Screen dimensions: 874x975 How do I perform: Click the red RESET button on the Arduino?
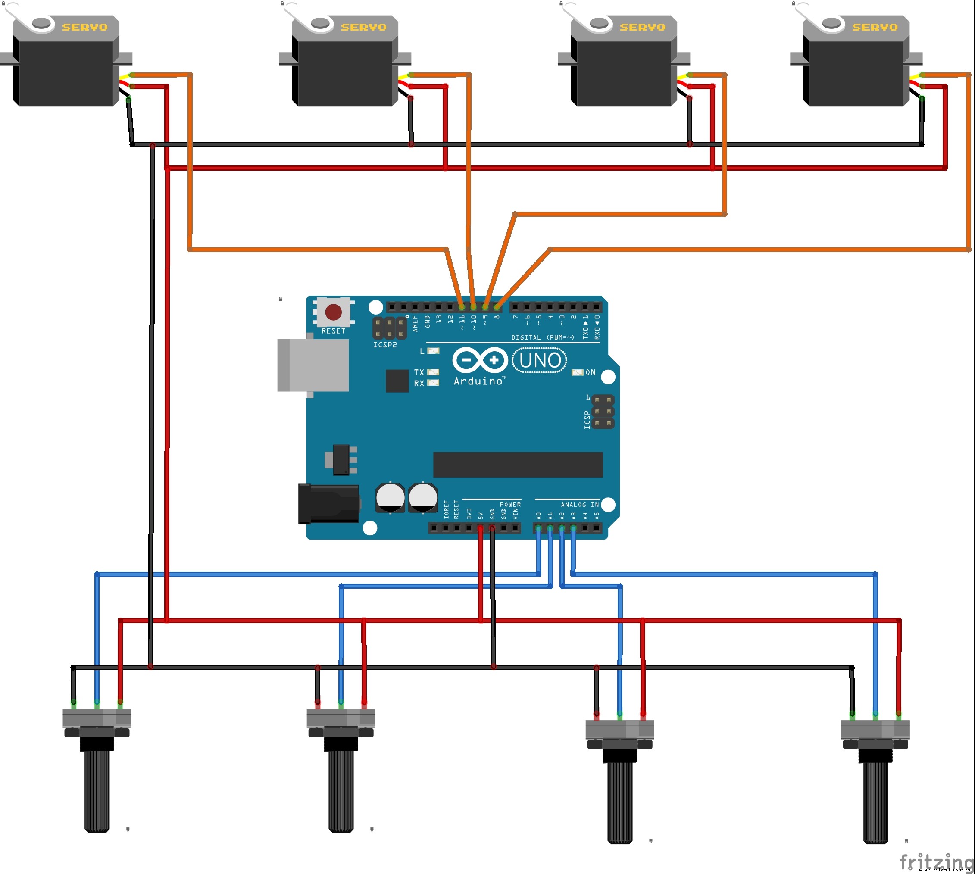[x=333, y=312]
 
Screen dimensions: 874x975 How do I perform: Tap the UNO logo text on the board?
[x=539, y=360]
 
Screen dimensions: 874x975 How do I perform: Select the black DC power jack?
[x=329, y=503]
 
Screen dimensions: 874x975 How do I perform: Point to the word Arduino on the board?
[x=478, y=381]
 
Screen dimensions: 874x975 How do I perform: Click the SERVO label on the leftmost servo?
[x=84, y=28]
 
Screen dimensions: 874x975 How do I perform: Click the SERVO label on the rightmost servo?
[x=875, y=28]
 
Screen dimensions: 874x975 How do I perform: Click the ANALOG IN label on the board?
[x=580, y=504]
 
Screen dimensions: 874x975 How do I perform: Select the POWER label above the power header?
[x=510, y=504]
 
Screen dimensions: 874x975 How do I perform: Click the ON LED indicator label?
[x=590, y=373]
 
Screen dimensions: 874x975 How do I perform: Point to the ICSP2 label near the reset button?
[x=385, y=345]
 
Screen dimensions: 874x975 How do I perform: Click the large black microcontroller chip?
[x=518, y=465]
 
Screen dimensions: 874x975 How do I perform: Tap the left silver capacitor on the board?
[x=390, y=497]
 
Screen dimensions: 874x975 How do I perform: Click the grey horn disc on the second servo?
[x=319, y=22]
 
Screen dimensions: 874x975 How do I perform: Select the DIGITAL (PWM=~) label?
[x=543, y=337]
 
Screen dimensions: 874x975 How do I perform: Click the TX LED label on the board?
[x=419, y=373]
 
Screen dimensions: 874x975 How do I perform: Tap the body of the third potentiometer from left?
[x=619, y=730]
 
